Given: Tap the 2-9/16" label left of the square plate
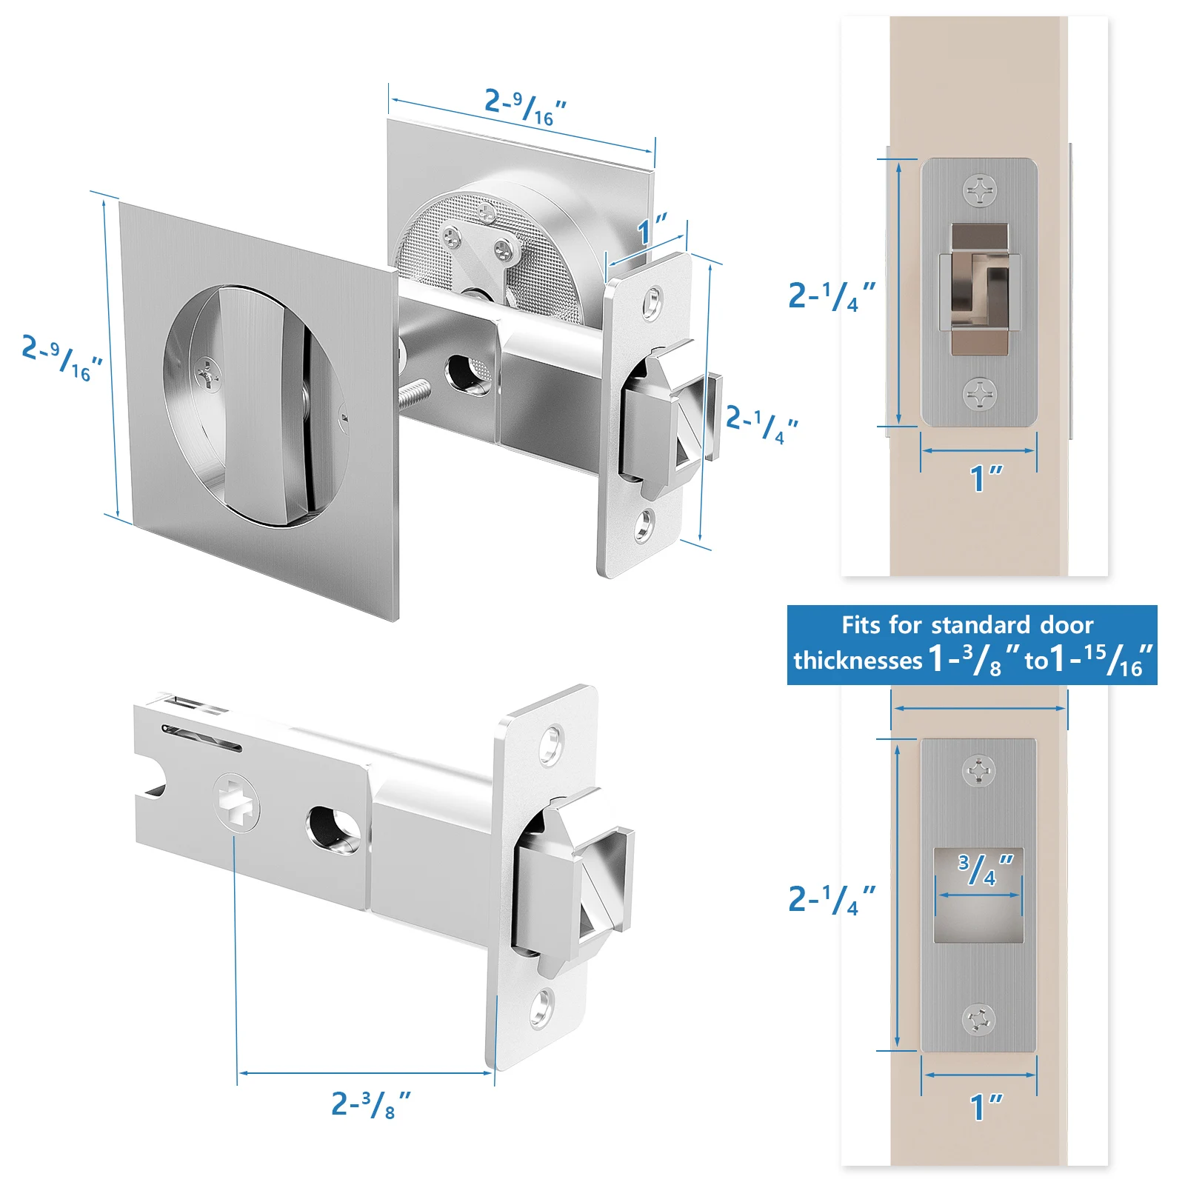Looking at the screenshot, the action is point(62,358).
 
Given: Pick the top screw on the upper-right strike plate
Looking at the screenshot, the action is point(980,190).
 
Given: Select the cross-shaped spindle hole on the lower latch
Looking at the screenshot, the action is point(237,803).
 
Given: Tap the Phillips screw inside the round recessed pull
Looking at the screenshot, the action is point(208,374).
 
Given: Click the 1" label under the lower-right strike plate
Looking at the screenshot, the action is point(986,1107).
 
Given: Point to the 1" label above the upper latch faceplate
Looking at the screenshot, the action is point(652,229).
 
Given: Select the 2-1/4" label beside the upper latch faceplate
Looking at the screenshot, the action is point(761,424).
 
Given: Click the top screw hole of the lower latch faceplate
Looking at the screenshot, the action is point(552,744).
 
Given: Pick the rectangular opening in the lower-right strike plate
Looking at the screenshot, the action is point(978,895).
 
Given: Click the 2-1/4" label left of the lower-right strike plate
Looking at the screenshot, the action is point(831,899).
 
